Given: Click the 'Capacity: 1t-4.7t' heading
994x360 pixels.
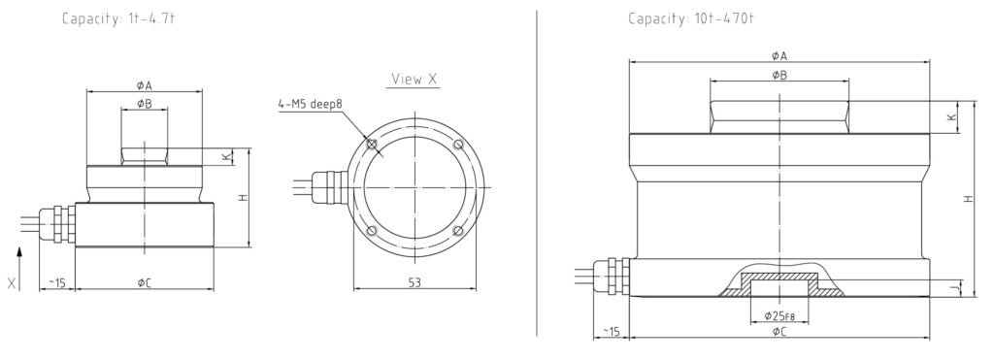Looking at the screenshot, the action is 117,19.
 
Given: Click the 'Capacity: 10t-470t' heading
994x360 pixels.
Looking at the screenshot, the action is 691,19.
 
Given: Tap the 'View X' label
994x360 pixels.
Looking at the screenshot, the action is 414,80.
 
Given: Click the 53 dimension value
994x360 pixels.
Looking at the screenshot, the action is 414,282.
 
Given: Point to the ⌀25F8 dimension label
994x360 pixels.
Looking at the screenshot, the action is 779,315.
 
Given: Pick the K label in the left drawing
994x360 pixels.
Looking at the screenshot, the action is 227,156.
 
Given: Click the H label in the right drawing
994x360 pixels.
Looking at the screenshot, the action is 968,198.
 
